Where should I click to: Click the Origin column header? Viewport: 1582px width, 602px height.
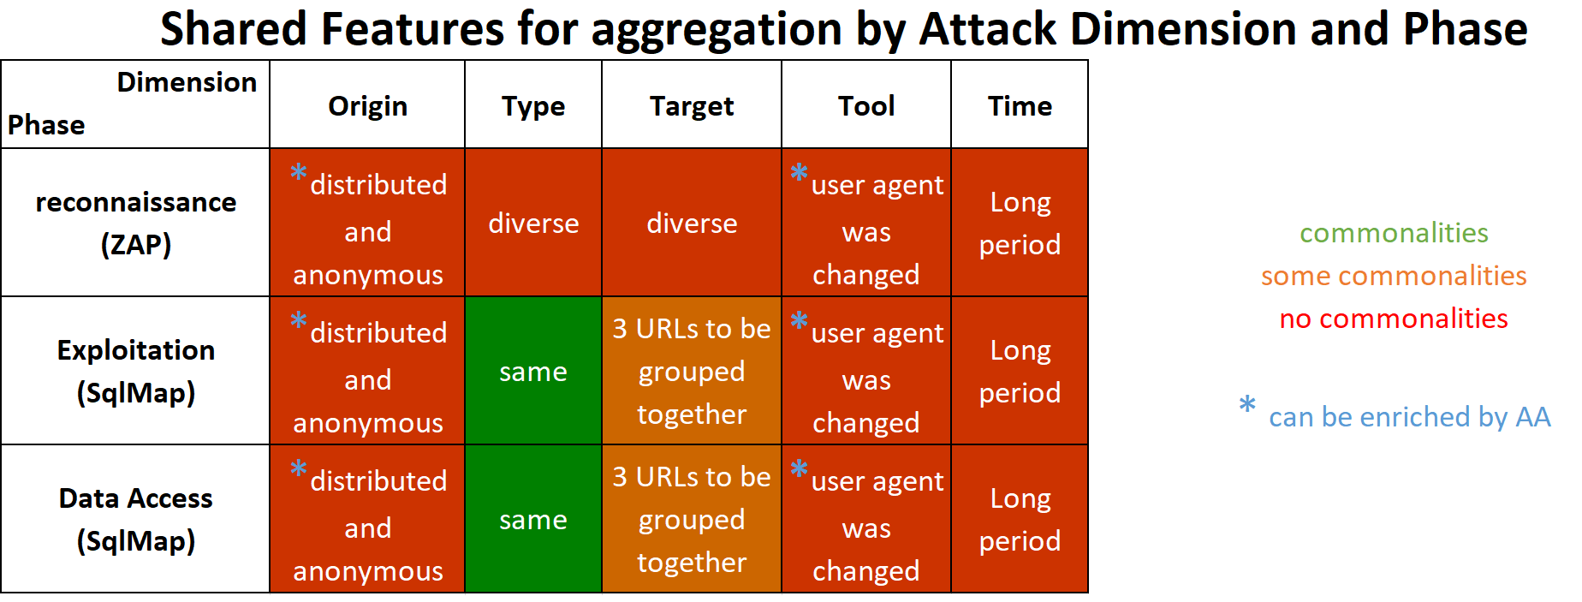[x=367, y=105]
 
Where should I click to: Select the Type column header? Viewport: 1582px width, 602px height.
[x=533, y=105]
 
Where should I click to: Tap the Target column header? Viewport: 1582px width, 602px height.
[x=692, y=105]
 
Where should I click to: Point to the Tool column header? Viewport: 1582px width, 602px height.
[x=866, y=105]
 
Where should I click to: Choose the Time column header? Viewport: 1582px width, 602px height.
[x=1020, y=105]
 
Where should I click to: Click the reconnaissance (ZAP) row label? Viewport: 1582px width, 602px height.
[x=135, y=223]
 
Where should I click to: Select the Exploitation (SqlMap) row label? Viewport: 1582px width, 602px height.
[x=135, y=371]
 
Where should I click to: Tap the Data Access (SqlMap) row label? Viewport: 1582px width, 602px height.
[x=135, y=519]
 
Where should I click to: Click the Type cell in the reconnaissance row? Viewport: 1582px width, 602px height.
[x=533, y=223]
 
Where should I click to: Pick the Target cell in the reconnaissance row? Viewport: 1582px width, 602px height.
[x=692, y=223]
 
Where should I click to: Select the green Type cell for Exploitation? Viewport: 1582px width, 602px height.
[x=533, y=371]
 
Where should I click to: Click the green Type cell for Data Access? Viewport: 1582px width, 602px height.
[x=533, y=519]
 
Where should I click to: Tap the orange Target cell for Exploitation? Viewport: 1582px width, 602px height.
[x=692, y=371]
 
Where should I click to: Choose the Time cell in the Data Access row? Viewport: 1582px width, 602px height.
[x=1020, y=519]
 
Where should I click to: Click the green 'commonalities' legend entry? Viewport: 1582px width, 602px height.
[x=1394, y=233]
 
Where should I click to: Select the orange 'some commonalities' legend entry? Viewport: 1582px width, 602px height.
[x=1394, y=276]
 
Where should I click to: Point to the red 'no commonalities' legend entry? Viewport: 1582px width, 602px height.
[x=1394, y=319]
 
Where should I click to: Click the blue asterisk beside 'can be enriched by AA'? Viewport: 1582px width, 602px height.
[x=1247, y=404]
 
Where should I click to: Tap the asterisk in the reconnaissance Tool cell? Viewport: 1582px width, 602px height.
[x=799, y=172]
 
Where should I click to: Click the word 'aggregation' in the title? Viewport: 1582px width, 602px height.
[x=717, y=30]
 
